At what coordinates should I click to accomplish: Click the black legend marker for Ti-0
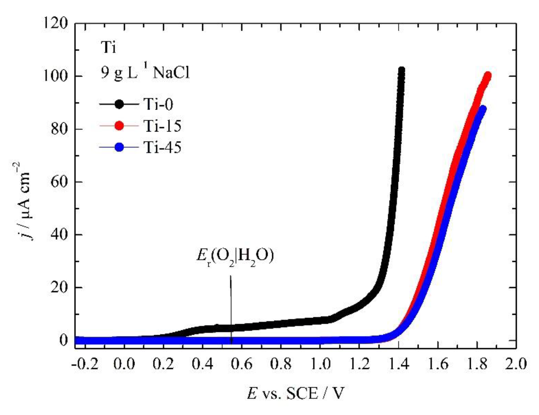[x=119, y=104]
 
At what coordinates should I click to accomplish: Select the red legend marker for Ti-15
[x=119, y=125]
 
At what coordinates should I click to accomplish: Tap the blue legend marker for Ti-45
[x=119, y=147]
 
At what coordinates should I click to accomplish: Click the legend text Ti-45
[x=162, y=147]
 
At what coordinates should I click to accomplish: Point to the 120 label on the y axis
[x=56, y=23]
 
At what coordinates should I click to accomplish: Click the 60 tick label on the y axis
[x=59, y=182]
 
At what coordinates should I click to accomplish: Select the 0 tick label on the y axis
[x=63, y=340]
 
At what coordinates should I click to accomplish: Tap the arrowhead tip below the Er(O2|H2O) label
[x=231, y=343]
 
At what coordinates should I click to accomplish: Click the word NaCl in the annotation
[x=171, y=73]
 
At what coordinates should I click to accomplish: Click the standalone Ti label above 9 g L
[x=108, y=47]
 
